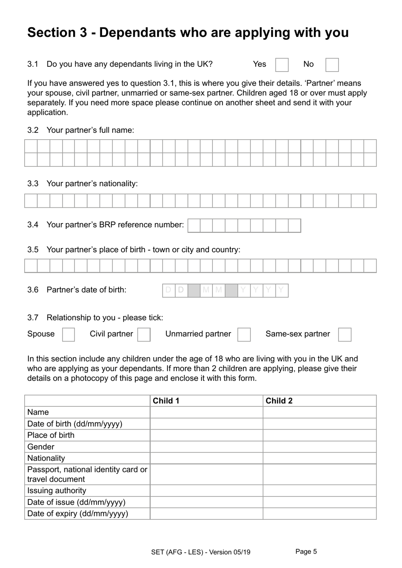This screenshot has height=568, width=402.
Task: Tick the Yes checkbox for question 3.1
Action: point(282,65)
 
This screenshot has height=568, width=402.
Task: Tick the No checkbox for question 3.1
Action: point(332,65)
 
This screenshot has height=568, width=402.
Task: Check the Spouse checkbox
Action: point(69,334)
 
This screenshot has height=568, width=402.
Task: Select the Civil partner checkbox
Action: point(144,334)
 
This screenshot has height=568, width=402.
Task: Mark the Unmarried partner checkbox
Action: point(244,334)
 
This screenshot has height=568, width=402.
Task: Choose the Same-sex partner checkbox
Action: point(345,334)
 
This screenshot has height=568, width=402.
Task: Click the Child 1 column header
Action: point(166,401)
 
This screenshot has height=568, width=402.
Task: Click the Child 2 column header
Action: point(279,401)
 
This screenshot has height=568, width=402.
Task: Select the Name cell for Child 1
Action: point(207,412)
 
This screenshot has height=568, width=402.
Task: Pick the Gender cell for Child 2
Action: point(319,447)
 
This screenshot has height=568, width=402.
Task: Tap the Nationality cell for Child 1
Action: point(207,458)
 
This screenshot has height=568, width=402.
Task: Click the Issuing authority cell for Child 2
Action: point(319,491)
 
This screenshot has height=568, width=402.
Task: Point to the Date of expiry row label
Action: point(77,513)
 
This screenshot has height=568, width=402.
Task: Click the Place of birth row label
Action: point(51,435)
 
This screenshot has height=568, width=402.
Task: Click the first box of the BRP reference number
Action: point(194,226)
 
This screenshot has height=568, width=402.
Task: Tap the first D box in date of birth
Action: point(168,290)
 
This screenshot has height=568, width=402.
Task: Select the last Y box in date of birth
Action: point(281,290)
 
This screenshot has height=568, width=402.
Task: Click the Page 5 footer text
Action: point(306,551)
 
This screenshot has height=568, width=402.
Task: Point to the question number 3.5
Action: point(33,250)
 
